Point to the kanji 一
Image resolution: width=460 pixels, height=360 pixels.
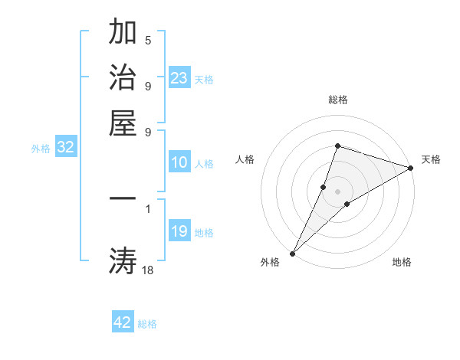coord(123,198)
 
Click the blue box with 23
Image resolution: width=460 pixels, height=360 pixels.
coord(179,77)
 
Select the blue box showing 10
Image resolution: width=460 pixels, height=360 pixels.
coord(179,162)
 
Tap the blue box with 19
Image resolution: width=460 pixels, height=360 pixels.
coord(179,231)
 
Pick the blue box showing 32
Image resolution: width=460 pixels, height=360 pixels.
coord(66,147)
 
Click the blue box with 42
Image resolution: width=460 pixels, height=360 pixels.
coord(123,322)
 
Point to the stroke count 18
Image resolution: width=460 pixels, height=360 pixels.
coord(148,269)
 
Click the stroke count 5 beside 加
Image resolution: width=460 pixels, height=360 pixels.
coord(148,40)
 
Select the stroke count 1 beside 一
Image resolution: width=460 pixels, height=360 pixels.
coord(148,207)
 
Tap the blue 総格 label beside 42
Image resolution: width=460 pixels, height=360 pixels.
coord(147,324)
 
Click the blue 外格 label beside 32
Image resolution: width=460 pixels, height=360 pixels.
coord(41,149)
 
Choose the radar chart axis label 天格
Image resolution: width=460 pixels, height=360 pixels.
coord(431,159)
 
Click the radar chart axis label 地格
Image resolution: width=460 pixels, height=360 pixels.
coord(402,262)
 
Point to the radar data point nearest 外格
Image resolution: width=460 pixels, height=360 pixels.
coord(293,253)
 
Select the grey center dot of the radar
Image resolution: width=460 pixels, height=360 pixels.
coord(337,191)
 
